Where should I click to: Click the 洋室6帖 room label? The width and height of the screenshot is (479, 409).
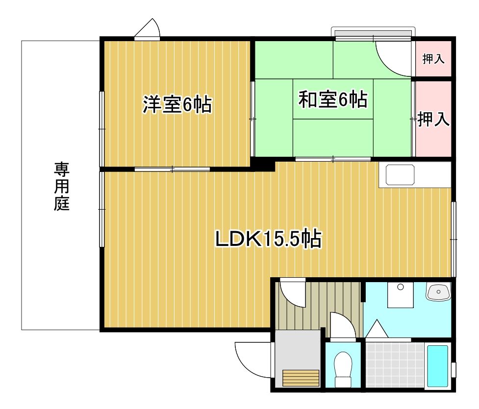pyautogui.click(x=177, y=105)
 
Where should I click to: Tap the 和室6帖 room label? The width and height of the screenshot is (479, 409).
pyautogui.click(x=333, y=100)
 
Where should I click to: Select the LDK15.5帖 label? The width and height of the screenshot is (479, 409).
pyautogui.click(x=269, y=240)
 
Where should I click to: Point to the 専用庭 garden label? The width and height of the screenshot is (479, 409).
pyautogui.click(x=62, y=187)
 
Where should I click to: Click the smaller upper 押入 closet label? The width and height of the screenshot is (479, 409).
pyautogui.click(x=433, y=59)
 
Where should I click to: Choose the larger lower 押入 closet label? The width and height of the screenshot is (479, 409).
pyautogui.click(x=433, y=120)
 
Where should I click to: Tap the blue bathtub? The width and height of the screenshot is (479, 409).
pyautogui.click(x=437, y=366)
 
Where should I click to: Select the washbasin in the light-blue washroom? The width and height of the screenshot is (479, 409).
pyautogui.click(x=438, y=292)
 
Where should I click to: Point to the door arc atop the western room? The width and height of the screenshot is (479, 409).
pyautogui.click(x=149, y=29)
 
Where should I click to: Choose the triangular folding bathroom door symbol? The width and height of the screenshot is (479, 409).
pyautogui.click(x=377, y=329)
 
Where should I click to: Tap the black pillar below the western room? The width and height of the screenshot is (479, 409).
pyautogui.click(x=264, y=165)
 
